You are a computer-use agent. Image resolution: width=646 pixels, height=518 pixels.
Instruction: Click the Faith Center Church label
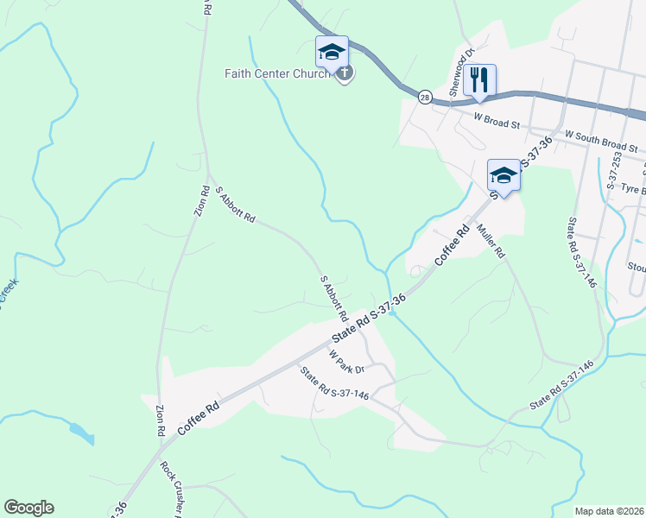pyautogui.click(x=279, y=74)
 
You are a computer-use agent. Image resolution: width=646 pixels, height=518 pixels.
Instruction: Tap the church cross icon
pyautogui.click(x=345, y=73)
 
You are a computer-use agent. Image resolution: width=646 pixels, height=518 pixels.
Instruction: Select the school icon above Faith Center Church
pyautogui.click(x=332, y=53)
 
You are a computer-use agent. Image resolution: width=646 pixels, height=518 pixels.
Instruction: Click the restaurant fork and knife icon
pyautogui.click(x=479, y=80)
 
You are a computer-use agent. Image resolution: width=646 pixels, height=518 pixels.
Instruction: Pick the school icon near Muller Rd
pyautogui.click(x=503, y=176)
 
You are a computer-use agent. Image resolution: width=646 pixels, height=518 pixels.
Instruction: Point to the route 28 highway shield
pyautogui.click(x=424, y=97)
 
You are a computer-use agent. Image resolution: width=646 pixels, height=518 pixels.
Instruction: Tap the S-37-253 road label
pyautogui.click(x=615, y=172)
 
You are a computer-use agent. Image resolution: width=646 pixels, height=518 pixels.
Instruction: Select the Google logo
pyautogui.click(x=28, y=508)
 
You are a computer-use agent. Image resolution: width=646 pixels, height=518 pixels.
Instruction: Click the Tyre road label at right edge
pyautogui.click(x=634, y=188)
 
